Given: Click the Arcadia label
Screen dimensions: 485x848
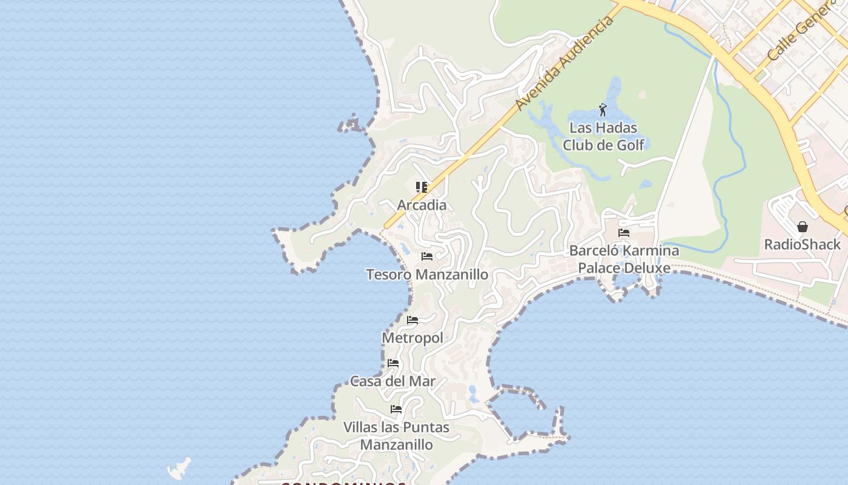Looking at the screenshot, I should (422, 205).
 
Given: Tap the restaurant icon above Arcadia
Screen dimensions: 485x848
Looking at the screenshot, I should (422, 187).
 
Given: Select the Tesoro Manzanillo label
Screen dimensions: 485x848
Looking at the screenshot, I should (427, 275).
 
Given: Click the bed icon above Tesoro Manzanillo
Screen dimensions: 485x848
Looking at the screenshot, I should (427, 256).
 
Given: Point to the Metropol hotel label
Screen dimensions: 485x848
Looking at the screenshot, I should (412, 338).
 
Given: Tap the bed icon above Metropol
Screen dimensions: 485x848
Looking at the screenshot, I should (412, 319).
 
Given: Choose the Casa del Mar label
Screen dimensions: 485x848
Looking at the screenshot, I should (393, 381).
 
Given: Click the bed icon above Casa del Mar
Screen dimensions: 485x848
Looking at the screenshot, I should (393, 363).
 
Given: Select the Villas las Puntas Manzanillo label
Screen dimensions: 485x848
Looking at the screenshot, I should (397, 436).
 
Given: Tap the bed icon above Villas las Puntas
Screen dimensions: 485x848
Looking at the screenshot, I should (396, 409).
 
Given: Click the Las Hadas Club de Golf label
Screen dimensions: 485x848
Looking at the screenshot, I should (603, 136).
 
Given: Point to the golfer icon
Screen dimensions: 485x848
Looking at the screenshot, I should (603, 110).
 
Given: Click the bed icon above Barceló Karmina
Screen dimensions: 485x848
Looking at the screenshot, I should (624, 232).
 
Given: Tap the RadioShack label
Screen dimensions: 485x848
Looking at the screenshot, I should (803, 244).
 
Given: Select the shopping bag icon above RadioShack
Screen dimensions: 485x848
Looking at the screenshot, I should (803, 227).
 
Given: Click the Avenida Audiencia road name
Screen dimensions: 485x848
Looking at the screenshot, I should (564, 64).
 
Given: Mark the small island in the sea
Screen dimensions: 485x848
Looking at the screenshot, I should (179, 468).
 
